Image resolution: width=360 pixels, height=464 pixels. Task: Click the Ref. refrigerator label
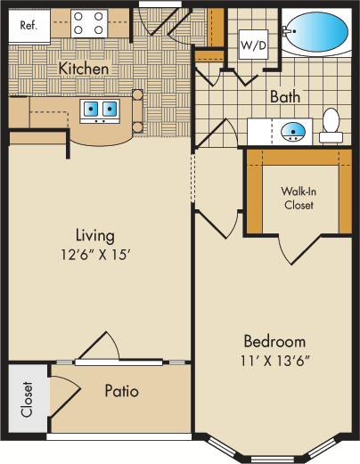point(29,25)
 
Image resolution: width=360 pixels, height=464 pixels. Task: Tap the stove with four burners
point(89,23)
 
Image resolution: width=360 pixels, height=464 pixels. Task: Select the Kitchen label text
point(84,69)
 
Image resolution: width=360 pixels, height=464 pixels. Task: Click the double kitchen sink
point(100,111)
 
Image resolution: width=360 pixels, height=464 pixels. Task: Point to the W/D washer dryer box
point(253,45)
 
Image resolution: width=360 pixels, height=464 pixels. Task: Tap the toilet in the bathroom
point(331,126)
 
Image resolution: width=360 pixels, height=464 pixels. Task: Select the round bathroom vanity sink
point(293,132)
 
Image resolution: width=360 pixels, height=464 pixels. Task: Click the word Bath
point(285,97)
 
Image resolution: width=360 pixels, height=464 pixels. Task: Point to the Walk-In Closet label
point(299,198)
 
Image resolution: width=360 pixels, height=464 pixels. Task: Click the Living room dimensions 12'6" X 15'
point(96,255)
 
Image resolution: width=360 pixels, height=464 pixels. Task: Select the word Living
point(95,236)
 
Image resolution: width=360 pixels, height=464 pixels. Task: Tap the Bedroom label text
point(274,341)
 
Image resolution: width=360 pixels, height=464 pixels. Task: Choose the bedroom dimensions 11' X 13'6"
point(275,361)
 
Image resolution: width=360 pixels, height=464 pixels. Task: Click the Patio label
point(122,391)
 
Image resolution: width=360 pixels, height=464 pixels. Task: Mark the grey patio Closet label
point(27,399)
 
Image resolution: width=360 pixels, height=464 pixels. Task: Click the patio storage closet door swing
point(66,396)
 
